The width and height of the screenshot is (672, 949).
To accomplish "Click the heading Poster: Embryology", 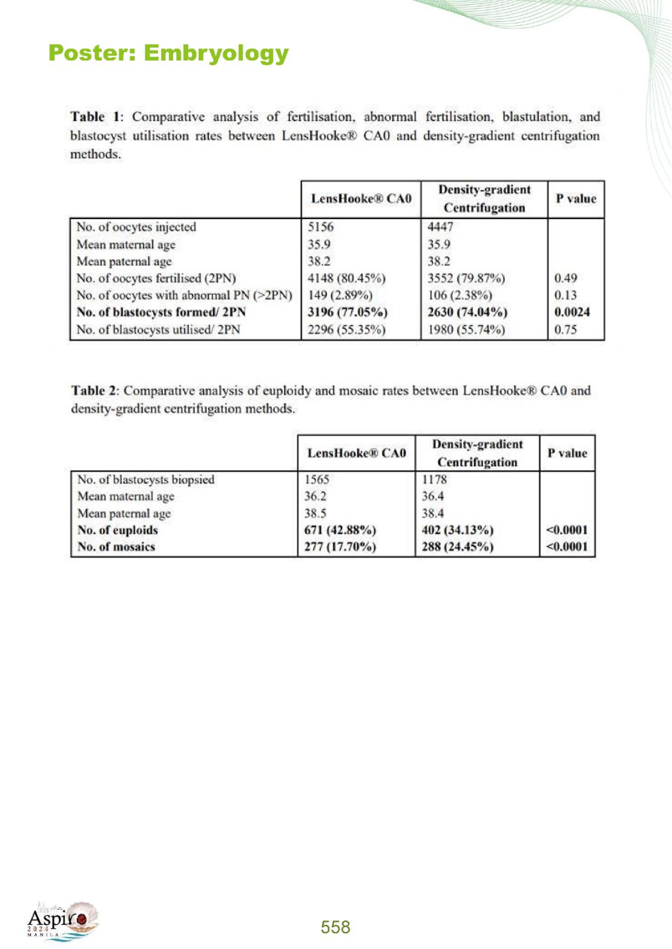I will click(168, 53).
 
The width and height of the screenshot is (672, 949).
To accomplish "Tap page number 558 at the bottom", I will click(335, 927).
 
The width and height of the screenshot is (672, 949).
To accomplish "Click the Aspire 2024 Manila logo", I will click(61, 921).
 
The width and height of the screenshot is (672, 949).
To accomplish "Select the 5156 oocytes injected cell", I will click(320, 227).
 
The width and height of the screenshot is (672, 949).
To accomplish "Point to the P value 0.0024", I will click(572, 312).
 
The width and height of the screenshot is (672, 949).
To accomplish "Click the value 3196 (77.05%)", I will click(347, 312).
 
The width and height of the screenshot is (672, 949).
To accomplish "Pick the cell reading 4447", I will click(440, 227).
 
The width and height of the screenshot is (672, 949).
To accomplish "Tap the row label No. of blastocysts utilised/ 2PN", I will click(158, 330).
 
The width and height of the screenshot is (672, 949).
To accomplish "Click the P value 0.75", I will click(565, 330).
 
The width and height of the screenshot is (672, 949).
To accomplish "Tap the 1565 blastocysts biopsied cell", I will click(317, 479).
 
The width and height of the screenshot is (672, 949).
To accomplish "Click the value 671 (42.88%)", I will click(340, 530).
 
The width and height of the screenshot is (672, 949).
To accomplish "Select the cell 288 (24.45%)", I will click(457, 547).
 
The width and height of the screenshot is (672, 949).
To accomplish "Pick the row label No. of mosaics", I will click(116, 547).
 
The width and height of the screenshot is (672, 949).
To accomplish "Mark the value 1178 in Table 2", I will click(434, 479).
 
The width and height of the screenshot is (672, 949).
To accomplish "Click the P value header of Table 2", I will click(567, 453).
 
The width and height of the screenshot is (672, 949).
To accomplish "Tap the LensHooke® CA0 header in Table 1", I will click(361, 199).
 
